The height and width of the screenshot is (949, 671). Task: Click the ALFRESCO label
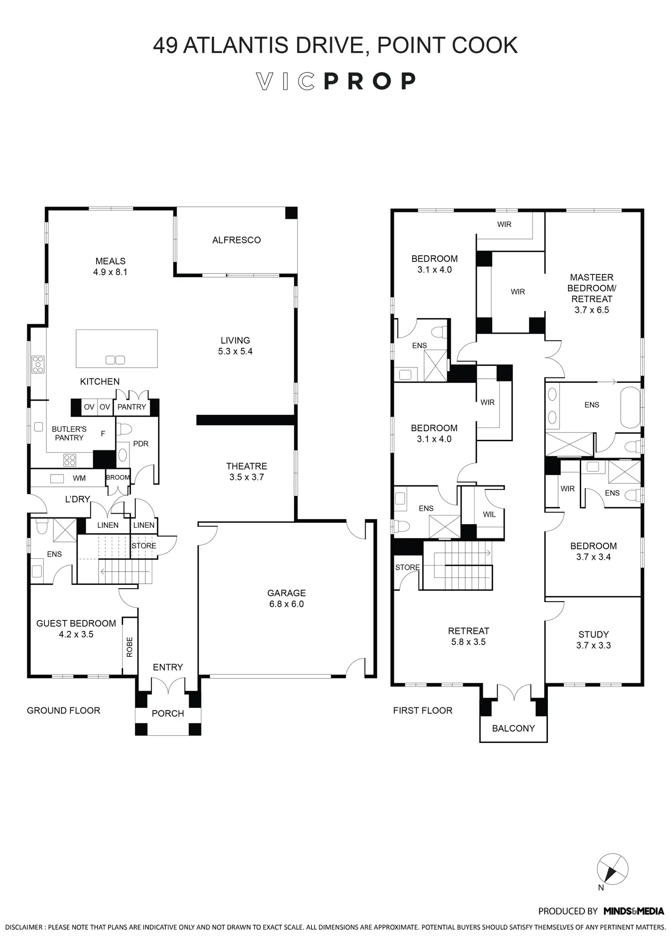pyautogui.click(x=236, y=240)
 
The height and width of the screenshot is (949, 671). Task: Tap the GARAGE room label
pyautogui.click(x=286, y=593)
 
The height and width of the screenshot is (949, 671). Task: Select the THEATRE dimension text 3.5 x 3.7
pyautogui.click(x=247, y=477)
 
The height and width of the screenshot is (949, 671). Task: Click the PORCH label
pyautogui.click(x=168, y=714)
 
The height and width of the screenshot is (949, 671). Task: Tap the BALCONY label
pyautogui.click(x=513, y=728)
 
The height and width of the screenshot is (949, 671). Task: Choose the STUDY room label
pyautogui.click(x=594, y=634)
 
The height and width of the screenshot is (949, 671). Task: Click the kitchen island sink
pyautogui.click(x=115, y=360)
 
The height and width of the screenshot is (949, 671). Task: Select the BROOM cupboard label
pyautogui.click(x=118, y=477)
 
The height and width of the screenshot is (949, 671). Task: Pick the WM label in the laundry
pyautogui.click(x=79, y=478)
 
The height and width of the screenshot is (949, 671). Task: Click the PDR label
pyautogui.click(x=141, y=444)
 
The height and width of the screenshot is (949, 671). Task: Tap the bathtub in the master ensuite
pyautogui.click(x=630, y=408)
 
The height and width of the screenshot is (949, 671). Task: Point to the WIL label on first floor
pyautogui.click(x=489, y=515)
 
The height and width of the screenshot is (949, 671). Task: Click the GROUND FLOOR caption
pyautogui.click(x=63, y=711)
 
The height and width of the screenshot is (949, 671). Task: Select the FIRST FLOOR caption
pyautogui.click(x=423, y=711)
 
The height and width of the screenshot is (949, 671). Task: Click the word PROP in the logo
pyautogui.click(x=370, y=81)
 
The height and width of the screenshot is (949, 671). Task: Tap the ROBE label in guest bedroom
pyautogui.click(x=129, y=647)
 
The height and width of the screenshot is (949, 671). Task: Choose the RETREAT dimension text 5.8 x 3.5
pyautogui.click(x=469, y=642)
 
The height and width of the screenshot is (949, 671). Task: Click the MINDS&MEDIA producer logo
pyautogui.click(x=634, y=911)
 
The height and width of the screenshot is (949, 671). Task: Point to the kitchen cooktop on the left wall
pyautogui.click(x=38, y=365)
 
